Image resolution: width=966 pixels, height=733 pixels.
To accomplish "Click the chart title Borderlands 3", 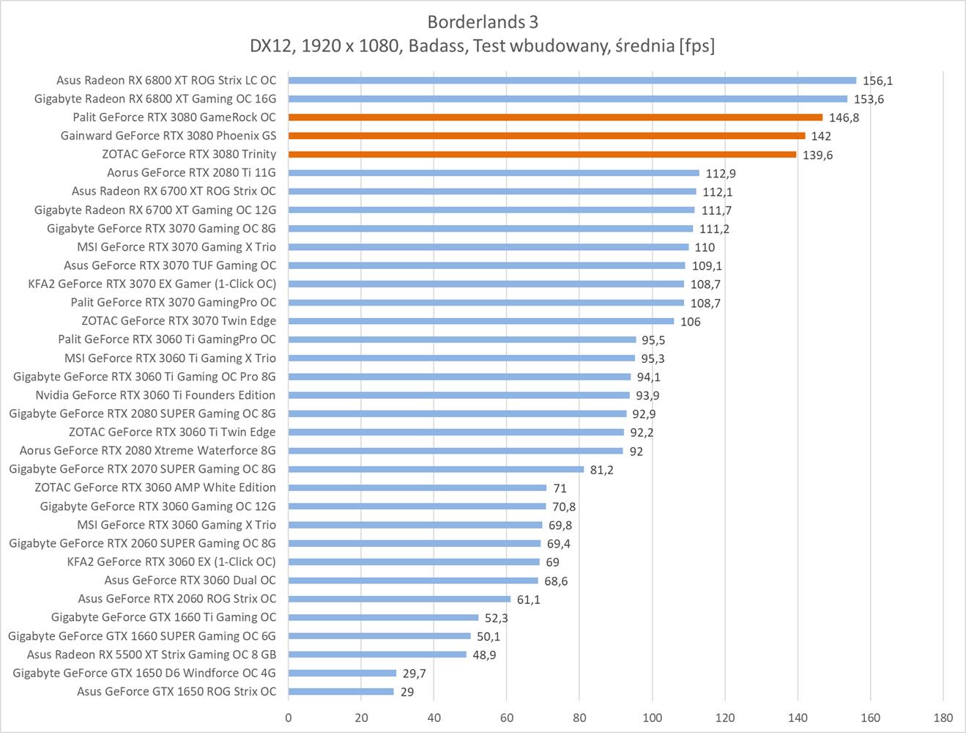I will pyautogui.click(x=483, y=21).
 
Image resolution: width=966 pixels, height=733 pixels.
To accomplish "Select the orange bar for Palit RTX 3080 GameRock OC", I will pyautogui.click(x=555, y=117).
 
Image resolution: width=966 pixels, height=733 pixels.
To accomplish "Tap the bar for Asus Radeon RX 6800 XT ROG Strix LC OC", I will pyautogui.click(x=572, y=81).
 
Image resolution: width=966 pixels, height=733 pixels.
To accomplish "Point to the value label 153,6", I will pyautogui.click(x=869, y=100).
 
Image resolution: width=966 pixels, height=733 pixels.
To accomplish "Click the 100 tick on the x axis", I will pyautogui.click(x=652, y=718).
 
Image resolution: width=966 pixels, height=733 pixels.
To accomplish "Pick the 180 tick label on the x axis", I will pyautogui.click(x=943, y=718).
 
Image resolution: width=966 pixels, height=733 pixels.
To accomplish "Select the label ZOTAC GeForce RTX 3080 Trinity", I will pyautogui.click(x=189, y=155).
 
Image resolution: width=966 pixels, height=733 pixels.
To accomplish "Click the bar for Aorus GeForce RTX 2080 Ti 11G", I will pyautogui.click(x=494, y=173).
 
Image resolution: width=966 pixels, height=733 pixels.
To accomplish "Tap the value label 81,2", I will pyautogui.click(x=601, y=470).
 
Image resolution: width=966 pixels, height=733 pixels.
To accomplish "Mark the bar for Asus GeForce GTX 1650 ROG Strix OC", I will pyautogui.click(x=341, y=692).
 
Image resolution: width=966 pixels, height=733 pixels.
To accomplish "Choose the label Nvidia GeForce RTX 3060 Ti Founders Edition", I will pyautogui.click(x=155, y=395).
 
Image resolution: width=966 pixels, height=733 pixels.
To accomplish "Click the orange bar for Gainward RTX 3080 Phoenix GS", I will pyautogui.click(x=546, y=136).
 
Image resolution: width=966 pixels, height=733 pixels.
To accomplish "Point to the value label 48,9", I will pyautogui.click(x=484, y=655).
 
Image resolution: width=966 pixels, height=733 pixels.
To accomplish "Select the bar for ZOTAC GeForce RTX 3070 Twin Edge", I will pyautogui.click(x=480, y=321).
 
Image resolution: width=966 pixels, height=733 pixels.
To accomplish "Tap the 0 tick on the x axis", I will pyautogui.click(x=289, y=718).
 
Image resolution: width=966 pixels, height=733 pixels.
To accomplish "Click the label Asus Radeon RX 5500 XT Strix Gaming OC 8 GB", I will pyautogui.click(x=152, y=655).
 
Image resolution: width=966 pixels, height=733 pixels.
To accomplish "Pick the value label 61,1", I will pyautogui.click(x=529, y=600).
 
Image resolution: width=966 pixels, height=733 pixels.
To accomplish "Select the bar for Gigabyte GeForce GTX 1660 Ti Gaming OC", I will pyautogui.click(x=383, y=618).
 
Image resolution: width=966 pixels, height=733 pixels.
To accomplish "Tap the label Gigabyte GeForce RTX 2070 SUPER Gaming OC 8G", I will pyautogui.click(x=142, y=469).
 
